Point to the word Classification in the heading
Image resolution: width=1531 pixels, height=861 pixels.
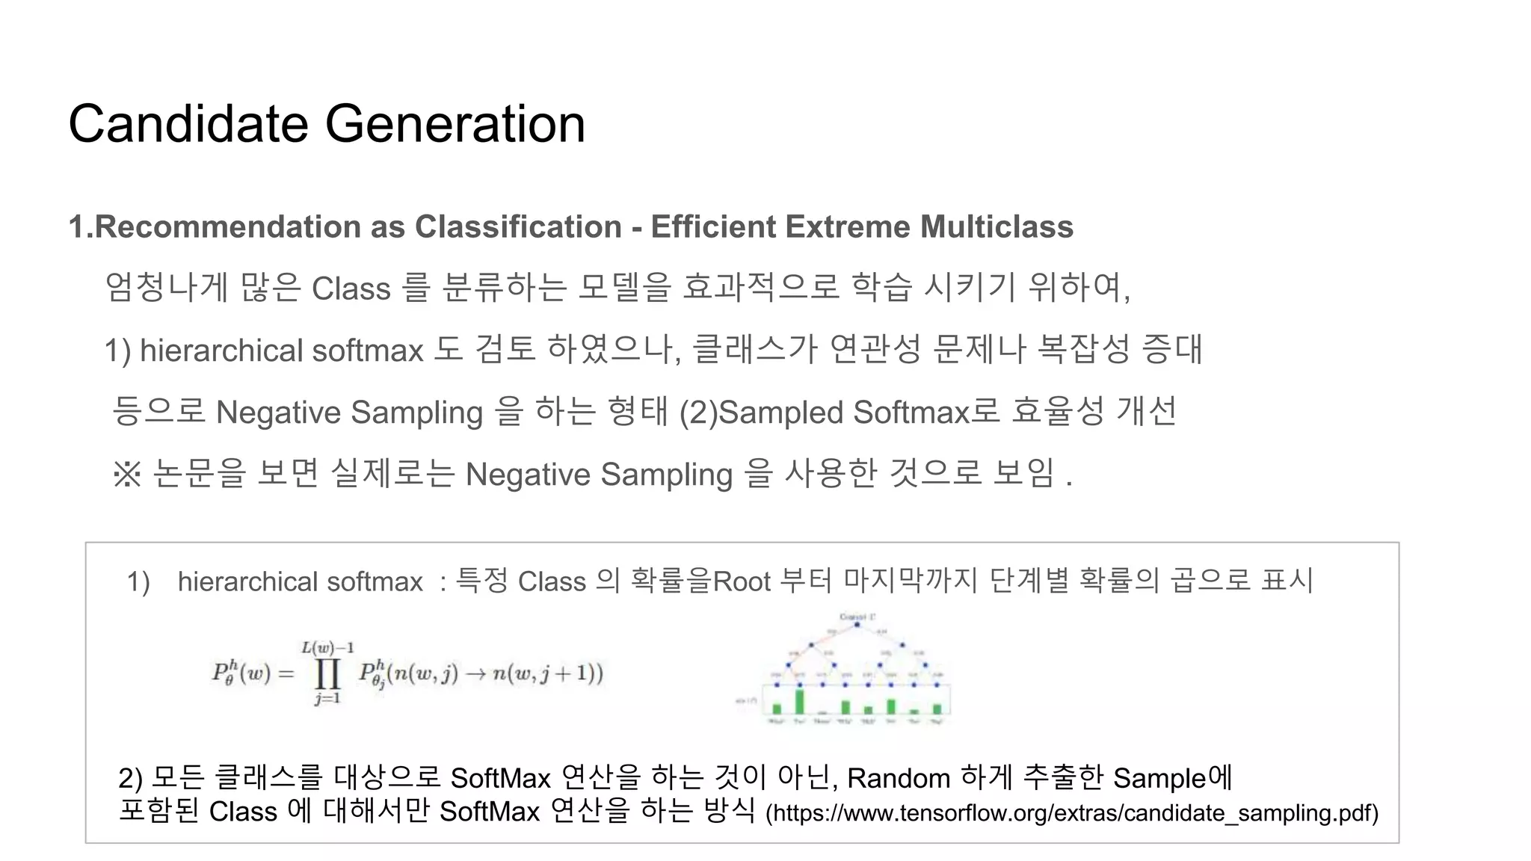[x=518, y=226]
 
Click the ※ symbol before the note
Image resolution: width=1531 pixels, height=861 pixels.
[x=127, y=474]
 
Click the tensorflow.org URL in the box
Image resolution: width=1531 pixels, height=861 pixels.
[x=1072, y=812]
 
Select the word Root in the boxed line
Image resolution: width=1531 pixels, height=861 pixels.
[x=742, y=581]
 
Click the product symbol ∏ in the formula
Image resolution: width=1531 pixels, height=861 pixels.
[x=327, y=673]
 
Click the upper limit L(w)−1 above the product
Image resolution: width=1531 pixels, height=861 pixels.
[x=327, y=647]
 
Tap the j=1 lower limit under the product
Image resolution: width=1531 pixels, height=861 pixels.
[x=327, y=699]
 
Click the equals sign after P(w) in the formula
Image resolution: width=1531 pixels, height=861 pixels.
[x=286, y=673]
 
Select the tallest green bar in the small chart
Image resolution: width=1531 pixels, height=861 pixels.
[x=799, y=702]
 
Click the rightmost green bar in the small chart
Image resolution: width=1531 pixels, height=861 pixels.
[x=937, y=709]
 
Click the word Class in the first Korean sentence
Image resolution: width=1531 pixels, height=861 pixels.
[x=351, y=288]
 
